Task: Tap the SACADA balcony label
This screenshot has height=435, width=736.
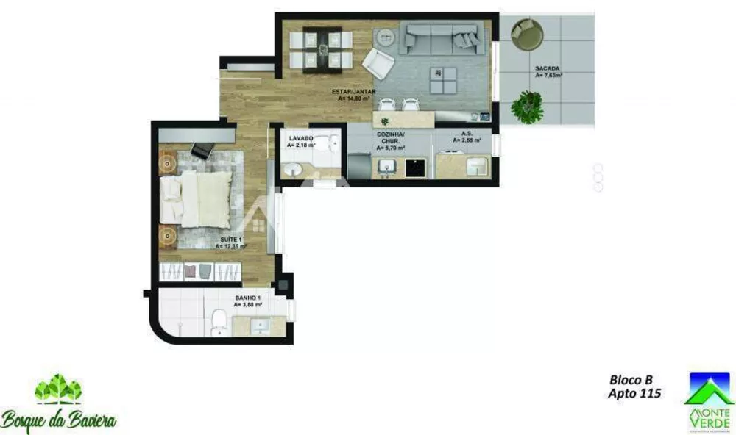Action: coord(548,70)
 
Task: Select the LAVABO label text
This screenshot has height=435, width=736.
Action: coord(301,138)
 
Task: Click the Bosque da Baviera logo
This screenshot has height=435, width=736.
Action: coord(59,404)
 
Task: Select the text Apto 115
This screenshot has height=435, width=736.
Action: coord(634,394)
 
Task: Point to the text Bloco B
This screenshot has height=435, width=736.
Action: coord(631,380)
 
